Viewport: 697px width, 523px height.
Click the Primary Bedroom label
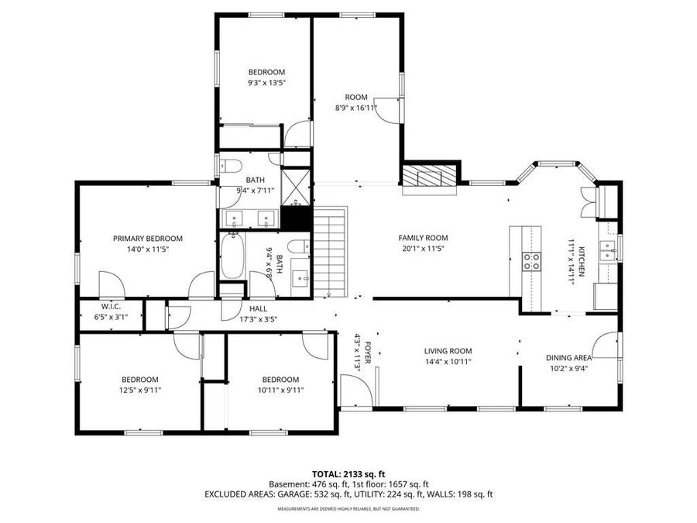(147, 239)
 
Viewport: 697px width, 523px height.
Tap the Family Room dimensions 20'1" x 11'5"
(423, 249)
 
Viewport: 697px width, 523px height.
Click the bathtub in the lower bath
(233, 258)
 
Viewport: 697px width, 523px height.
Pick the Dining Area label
(569, 358)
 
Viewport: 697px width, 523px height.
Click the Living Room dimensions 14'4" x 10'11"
(448, 361)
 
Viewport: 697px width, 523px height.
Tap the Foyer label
(369, 353)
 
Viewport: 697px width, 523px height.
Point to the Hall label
(258, 308)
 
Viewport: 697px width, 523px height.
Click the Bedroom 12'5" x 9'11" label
(139, 380)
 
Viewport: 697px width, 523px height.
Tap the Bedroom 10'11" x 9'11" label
(280, 380)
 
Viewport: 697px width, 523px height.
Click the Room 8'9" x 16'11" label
(356, 97)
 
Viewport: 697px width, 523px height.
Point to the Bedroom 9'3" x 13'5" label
(266, 72)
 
